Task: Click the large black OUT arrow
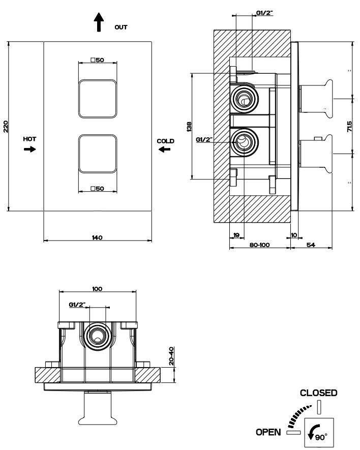point(99,22)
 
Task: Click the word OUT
point(121,27)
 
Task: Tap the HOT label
point(29,139)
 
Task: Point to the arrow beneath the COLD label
point(165,149)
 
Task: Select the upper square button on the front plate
point(98,99)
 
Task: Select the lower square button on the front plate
point(98,154)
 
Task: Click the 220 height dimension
point(6,127)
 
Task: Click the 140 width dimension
point(97,237)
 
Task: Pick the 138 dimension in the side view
point(189,127)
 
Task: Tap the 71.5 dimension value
point(349,127)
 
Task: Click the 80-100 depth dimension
point(259,245)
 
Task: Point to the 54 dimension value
point(311,245)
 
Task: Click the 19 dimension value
point(236,235)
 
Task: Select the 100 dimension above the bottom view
point(97,289)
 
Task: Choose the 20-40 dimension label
point(171,356)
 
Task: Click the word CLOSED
point(319,393)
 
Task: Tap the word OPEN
point(268,432)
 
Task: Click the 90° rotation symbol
point(318,433)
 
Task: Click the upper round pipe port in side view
point(244,99)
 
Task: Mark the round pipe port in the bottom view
point(98,336)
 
